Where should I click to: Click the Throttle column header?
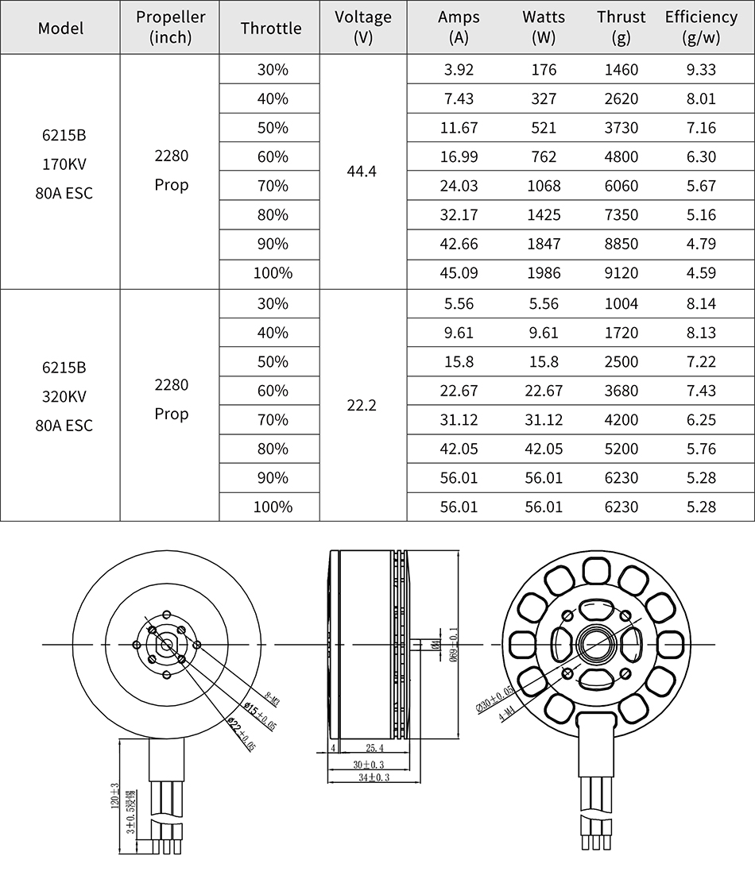(x=271, y=28)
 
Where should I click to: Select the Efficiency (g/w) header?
(x=701, y=27)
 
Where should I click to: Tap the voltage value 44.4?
(x=362, y=172)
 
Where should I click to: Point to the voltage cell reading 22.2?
(x=362, y=405)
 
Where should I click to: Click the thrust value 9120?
(x=621, y=273)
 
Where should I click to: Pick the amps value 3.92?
(x=459, y=70)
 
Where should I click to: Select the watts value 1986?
(x=544, y=273)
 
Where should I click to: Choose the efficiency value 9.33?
(x=701, y=70)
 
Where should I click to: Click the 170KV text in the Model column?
(x=64, y=164)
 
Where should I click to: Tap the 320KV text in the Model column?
(x=64, y=396)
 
